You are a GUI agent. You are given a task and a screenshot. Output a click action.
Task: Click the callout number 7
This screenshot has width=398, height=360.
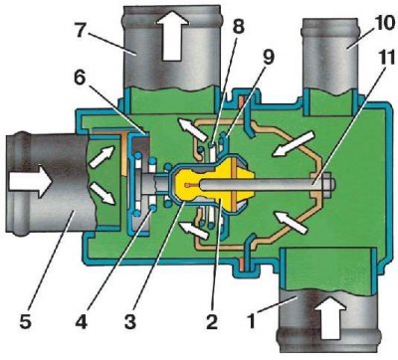pos(82,31)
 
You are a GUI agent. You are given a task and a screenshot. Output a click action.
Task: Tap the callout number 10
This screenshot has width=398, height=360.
pos(384,24)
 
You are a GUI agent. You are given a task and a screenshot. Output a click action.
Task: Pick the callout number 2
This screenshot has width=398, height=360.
pos(211,320)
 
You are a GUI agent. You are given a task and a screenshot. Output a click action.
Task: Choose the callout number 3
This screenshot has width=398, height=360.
pos(130,320)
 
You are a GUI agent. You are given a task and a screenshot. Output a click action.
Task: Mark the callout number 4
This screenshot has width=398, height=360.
pos(81,320)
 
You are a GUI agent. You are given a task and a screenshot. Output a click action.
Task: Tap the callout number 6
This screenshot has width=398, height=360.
pos(80,79)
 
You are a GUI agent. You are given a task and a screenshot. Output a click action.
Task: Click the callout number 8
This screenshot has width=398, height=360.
pos(238,26)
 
